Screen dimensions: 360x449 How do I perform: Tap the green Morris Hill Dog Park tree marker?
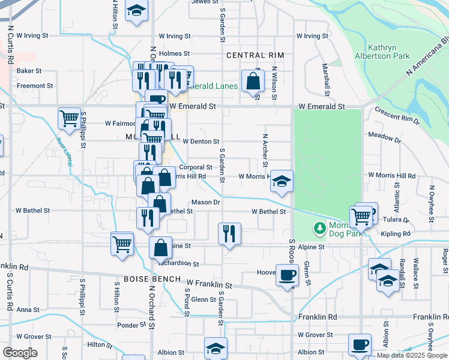click(x=319, y=228)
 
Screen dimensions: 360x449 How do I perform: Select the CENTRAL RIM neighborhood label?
click(x=255, y=55)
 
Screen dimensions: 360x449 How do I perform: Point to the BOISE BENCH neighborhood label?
click(x=148, y=280)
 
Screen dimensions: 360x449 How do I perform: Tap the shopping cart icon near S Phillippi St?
click(x=70, y=117)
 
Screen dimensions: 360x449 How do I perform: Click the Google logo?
click(x=20, y=353)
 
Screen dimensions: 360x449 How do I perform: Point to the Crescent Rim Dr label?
click(x=397, y=116)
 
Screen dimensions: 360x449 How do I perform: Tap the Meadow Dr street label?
click(x=384, y=139)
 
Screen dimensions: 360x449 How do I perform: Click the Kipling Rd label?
click(x=396, y=233)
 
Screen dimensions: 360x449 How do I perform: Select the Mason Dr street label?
click(x=206, y=202)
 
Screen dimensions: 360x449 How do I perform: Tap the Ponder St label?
click(x=128, y=325)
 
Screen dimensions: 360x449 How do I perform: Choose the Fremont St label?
click(x=31, y=86)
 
